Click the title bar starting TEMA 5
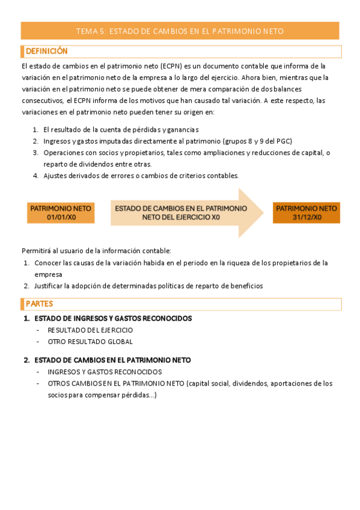[x=180, y=31]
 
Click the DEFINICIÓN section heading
[x=46, y=51]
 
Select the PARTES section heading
[x=39, y=304]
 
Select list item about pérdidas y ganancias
[x=120, y=129]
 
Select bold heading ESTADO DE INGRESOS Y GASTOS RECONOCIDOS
[x=113, y=318]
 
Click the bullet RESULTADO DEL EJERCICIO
[x=90, y=330]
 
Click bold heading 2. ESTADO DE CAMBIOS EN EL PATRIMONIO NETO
[x=112, y=360]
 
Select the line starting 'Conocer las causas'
[x=180, y=262]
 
